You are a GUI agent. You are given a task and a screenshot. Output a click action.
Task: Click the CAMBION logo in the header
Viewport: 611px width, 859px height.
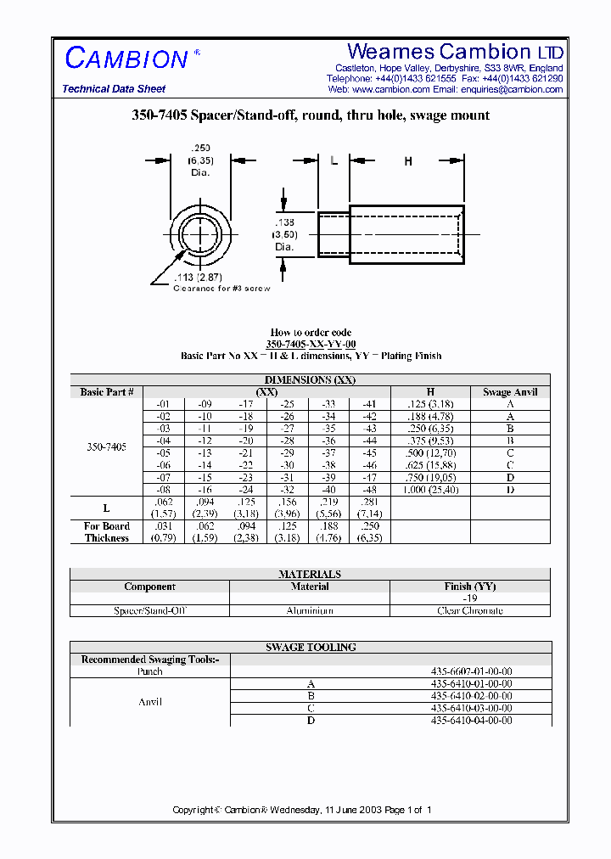pos(127,59)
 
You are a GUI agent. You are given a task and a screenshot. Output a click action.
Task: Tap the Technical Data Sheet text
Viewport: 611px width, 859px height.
pos(114,89)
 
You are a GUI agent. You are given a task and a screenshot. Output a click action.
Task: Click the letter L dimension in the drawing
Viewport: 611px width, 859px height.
pos(334,161)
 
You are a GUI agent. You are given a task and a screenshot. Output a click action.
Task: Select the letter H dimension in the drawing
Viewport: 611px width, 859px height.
pos(408,161)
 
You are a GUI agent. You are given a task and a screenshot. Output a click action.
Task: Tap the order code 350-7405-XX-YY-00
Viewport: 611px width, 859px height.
pos(311,345)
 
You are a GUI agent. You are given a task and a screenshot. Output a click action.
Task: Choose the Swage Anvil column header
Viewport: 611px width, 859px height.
pos(510,392)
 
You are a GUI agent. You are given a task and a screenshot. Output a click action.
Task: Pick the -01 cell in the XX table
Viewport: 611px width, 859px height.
pos(164,405)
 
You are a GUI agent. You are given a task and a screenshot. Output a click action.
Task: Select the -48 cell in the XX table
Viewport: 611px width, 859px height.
pos(370,490)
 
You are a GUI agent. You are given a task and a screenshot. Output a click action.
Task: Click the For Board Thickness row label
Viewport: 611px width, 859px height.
pos(107,532)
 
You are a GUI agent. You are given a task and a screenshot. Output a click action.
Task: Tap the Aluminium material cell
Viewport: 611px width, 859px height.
pos(310,610)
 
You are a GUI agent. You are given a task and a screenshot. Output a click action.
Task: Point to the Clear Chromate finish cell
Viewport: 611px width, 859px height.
pos(469,610)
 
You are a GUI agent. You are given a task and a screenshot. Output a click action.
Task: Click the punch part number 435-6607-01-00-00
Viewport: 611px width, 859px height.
pos(470,671)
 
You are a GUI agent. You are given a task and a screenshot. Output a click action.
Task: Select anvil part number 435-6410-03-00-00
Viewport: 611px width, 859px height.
pos(470,708)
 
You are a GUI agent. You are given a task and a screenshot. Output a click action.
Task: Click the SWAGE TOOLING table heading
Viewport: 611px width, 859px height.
pos(311,647)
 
